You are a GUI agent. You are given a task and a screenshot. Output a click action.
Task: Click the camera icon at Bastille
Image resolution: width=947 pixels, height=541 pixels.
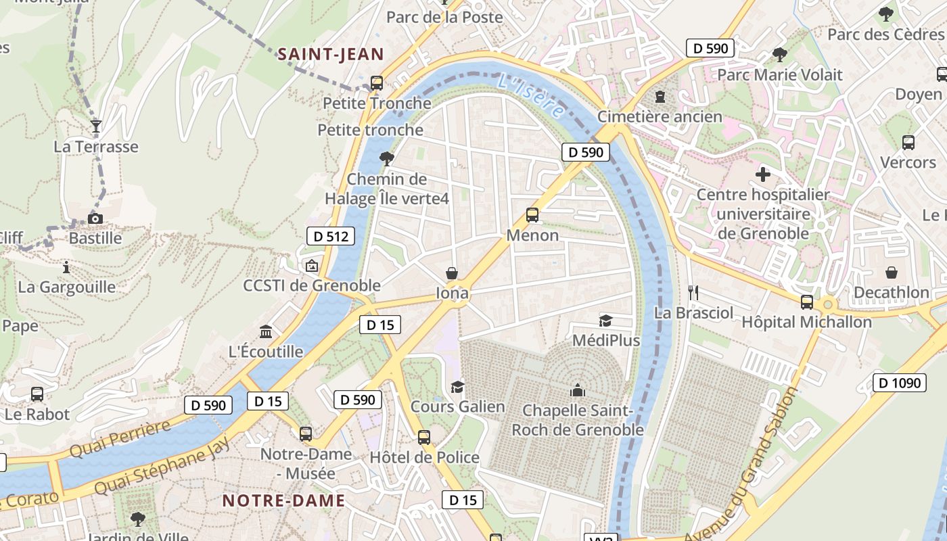(x=95, y=218)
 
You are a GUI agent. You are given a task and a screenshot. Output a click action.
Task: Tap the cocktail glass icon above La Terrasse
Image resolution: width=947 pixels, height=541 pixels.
(x=95, y=126)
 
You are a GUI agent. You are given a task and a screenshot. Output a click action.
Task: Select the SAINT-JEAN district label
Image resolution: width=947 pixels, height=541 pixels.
(x=331, y=55)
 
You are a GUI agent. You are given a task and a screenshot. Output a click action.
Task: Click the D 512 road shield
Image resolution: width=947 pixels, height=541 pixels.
(x=331, y=236)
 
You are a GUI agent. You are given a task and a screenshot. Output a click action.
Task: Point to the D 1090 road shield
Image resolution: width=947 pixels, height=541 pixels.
(x=899, y=383)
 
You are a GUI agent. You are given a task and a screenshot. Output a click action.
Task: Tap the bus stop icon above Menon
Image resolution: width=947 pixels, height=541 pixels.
(x=532, y=215)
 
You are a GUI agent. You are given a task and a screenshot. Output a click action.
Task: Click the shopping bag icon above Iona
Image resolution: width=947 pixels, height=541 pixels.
(x=452, y=273)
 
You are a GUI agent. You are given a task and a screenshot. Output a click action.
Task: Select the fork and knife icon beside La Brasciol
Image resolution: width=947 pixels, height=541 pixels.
(x=693, y=292)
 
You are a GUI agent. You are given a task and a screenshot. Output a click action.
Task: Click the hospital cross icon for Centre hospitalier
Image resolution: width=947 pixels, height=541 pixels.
(x=763, y=174)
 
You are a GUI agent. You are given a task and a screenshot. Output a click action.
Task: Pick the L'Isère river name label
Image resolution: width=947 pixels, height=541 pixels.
(x=530, y=97)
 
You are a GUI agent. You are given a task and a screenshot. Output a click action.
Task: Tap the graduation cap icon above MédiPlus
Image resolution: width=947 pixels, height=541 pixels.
(x=605, y=321)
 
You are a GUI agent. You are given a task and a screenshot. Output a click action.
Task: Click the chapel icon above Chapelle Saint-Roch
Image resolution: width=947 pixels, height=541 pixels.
(x=577, y=390)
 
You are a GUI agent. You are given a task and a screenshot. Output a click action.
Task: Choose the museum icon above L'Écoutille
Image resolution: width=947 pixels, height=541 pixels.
(x=266, y=332)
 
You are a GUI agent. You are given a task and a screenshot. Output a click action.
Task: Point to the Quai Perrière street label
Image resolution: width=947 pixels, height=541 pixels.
(x=120, y=439)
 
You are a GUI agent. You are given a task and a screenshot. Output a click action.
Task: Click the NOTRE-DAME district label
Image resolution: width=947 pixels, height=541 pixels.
(x=283, y=501)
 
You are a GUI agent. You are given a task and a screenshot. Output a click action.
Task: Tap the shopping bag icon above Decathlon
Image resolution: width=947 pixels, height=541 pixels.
(x=892, y=273)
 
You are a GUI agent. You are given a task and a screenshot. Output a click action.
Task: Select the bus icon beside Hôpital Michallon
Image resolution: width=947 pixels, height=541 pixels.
(x=806, y=302)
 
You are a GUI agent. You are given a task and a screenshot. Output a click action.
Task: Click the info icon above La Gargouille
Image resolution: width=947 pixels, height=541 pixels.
(x=66, y=267)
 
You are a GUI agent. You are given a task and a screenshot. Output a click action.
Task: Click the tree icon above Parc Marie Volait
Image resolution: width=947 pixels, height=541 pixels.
(x=779, y=54)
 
